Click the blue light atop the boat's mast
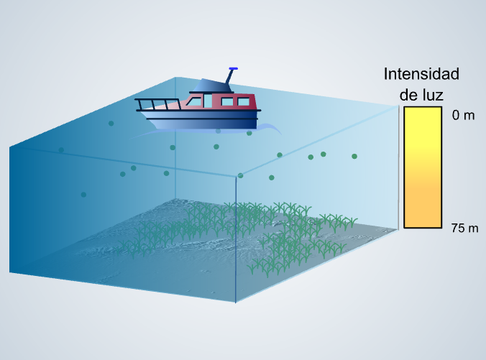tap(234, 68)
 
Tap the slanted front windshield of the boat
tap(194, 101)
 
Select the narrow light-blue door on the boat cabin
tap(208, 101)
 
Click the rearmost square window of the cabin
tap(243, 102)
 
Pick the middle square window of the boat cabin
tap(227, 102)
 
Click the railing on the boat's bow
tap(158, 104)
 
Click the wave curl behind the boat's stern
tap(270, 128)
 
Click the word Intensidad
tap(421, 74)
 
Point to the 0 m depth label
tap(463, 115)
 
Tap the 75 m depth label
tap(464, 229)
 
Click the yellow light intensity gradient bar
tap(423, 167)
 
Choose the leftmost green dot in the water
tap(61, 150)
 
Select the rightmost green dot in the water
tap(354, 157)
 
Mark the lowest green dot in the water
tap(83, 195)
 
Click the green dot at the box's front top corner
tap(240, 175)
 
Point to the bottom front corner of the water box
tap(236, 303)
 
